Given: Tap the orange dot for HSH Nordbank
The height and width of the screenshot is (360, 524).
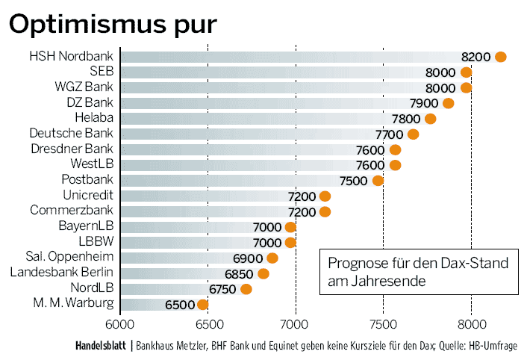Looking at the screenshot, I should point(500,57).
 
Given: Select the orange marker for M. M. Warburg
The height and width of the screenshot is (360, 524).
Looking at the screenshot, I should point(202,304).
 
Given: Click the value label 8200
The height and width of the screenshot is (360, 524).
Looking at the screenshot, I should point(475,57).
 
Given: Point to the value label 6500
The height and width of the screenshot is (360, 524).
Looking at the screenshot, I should point(179,305).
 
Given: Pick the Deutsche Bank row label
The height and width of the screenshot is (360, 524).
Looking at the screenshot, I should point(72,134).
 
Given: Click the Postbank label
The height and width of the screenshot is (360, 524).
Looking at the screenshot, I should point(87,180).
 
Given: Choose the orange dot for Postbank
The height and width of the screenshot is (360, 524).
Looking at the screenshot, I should point(378,181).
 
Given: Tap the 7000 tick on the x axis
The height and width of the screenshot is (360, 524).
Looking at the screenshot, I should point(296,325).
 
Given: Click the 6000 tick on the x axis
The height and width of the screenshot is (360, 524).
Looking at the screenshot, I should point(119,325).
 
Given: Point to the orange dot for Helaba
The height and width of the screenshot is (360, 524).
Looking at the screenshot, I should point(430,119).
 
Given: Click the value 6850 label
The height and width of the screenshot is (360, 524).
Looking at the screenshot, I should point(241,274).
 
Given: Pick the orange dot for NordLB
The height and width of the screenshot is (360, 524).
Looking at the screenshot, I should point(246,289).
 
